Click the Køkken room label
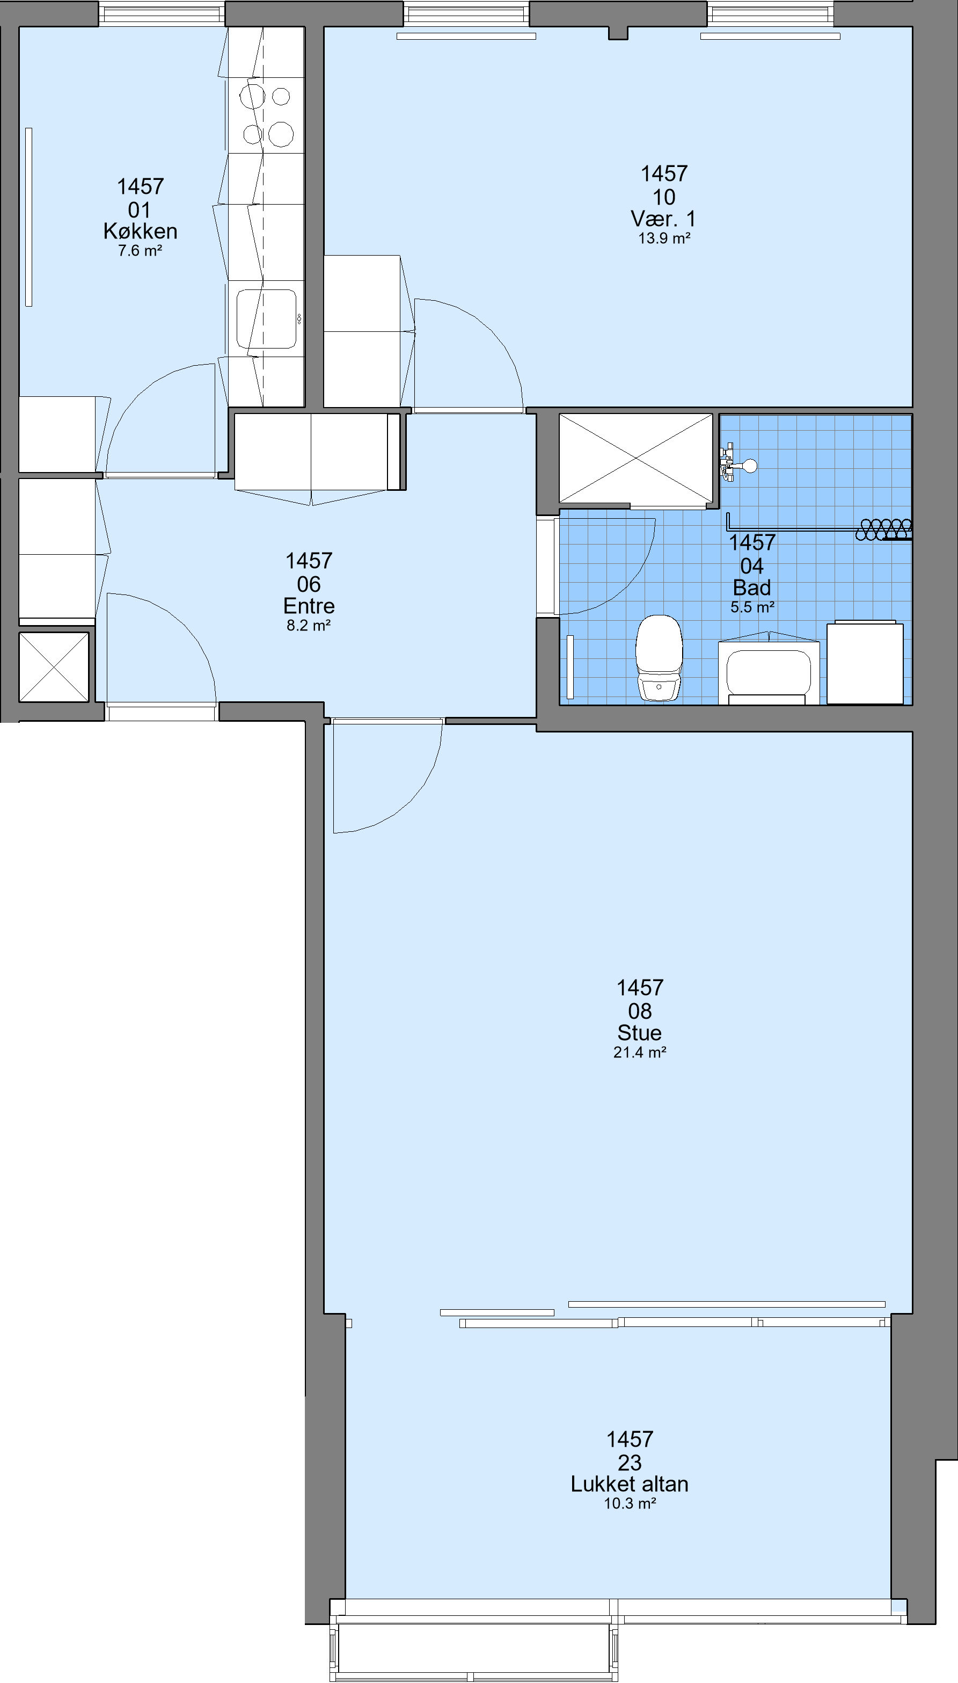(x=140, y=231)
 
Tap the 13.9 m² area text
(x=664, y=238)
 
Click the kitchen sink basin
(x=267, y=318)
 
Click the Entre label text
(x=309, y=606)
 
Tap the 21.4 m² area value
(x=640, y=1053)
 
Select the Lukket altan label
(x=630, y=1484)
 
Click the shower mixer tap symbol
(x=737, y=464)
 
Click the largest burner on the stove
(x=281, y=134)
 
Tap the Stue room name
(x=640, y=1032)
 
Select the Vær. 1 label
(x=663, y=219)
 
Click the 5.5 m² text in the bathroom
(x=752, y=607)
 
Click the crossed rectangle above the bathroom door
(x=635, y=458)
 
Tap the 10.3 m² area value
(x=630, y=1503)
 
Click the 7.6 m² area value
(x=140, y=251)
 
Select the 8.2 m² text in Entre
(x=309, y=625)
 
